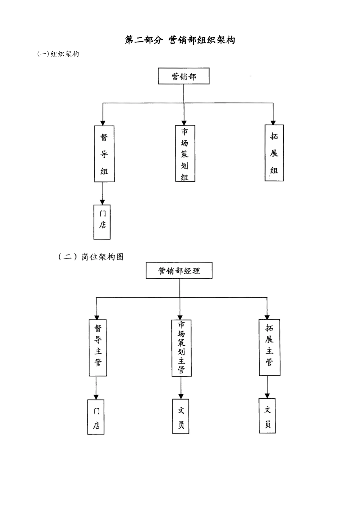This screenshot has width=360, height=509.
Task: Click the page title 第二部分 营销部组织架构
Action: point(180,40)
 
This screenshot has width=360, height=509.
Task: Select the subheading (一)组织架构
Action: point(58,54)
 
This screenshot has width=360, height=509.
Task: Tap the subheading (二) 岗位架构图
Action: point(91,257)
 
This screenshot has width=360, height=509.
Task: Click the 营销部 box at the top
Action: point(183,77)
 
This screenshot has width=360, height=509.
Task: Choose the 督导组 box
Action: point(104,154)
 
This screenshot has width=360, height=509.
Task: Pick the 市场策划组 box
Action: point(185,153)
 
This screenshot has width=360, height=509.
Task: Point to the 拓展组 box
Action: point(274,153)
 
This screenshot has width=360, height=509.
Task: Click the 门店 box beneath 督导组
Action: point(102,222)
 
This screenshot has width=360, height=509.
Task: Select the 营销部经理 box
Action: point(179,271)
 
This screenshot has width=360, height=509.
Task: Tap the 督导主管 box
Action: point(98,348)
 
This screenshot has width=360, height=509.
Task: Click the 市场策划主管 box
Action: point(181,348)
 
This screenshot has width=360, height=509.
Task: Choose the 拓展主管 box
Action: point(269,347)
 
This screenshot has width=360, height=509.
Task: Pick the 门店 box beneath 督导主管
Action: point(96,417)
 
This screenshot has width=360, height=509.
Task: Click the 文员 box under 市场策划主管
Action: point(181,416)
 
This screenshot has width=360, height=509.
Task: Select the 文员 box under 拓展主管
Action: point(267,415)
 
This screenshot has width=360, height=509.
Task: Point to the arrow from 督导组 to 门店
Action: point(102,194)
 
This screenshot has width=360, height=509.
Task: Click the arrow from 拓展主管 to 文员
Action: point(268,387)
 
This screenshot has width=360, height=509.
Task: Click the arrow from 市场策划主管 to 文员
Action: point(181,388)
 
